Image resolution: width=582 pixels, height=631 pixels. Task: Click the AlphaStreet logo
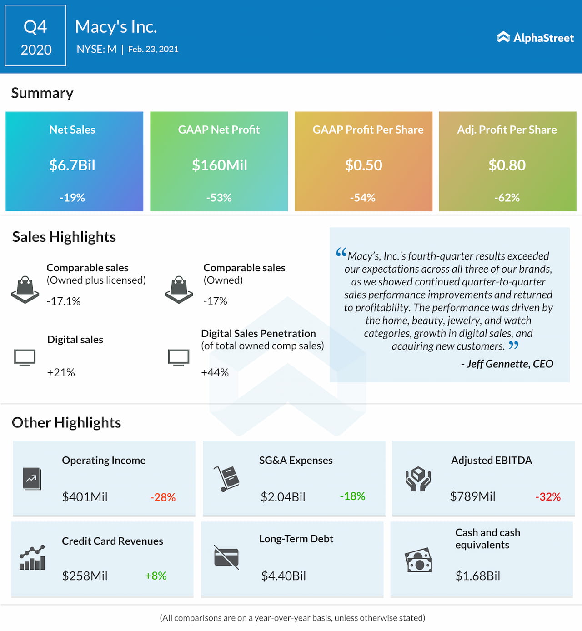click(x=535, y=38)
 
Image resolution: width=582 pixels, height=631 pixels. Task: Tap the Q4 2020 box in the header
click(x=35, y=36)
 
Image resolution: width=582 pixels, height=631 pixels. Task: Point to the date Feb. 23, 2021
click(x=153, y=49)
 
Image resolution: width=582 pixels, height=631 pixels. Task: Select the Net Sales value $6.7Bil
click(x=72, y=165)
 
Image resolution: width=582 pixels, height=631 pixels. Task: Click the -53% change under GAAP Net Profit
click(x=219, y=198)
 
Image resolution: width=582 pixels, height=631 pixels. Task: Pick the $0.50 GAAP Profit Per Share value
click(x=364, y=165)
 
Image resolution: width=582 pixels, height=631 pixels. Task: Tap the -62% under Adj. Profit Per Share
click(x=507, y=198)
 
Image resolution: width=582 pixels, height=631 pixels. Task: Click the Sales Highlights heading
click(x=64, y=237)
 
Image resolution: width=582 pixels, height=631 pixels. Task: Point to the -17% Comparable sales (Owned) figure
click(x=216, y=301)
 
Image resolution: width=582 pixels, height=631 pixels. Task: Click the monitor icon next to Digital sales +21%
click(x=25, y=358)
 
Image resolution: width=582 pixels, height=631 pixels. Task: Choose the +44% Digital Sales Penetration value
click(x=215, y=372)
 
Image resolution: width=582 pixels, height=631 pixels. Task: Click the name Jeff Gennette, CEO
click(x=507, y=364)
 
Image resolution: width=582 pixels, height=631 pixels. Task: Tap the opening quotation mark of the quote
click(x=341, y=253)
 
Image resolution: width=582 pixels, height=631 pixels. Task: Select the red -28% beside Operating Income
click(x=163, y=497)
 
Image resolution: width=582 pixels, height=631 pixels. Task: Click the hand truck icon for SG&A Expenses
click(x=227, y=478)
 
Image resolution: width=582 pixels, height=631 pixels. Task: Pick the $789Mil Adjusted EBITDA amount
click(x=473, y=496)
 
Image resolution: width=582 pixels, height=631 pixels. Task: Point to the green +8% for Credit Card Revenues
click(x=156, y=576)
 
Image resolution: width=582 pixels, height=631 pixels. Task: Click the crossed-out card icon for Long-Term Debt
click(x=226, y=557)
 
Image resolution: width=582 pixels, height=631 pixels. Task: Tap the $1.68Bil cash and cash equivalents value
click(x=478, y=576)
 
